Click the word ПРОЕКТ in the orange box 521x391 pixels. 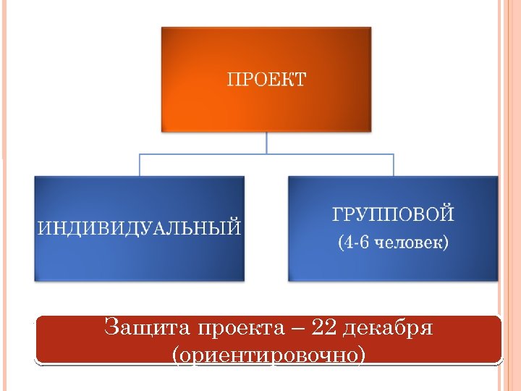tap(266, 79)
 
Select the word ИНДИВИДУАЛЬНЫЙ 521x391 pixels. tap(139, 229)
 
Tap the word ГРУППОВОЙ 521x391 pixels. tap(393, 214)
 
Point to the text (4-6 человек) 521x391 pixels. tap(393, 242)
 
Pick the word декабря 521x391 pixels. tap(387, 328)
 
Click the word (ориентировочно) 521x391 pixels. tap(268, 355)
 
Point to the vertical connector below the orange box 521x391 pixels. tap(266, 143)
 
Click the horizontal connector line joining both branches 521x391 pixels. tap(266, 154)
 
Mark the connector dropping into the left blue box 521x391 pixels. tap(139, 165)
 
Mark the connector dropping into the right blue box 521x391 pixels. tap(393, 165)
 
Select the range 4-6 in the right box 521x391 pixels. tap(354, 242)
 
